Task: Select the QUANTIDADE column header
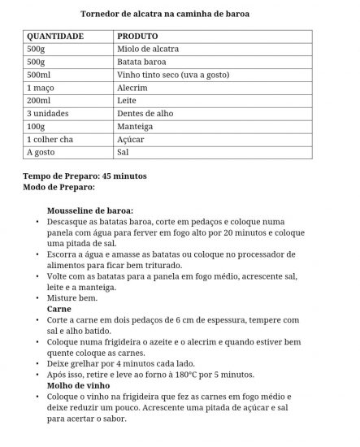[x=55, y=37]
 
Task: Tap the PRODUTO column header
[x=137, y=37]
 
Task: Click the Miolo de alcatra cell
[x=148, y=49]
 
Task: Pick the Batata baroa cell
[x=142, y=62]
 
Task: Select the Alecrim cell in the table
[x=132, y=88]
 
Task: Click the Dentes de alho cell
[x=145, y=114]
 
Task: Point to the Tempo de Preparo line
[x=85, y=176]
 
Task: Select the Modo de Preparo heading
[x=59, y=186]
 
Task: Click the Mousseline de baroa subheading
[x=90, y=210]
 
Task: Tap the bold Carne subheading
[x=59, y=309]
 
